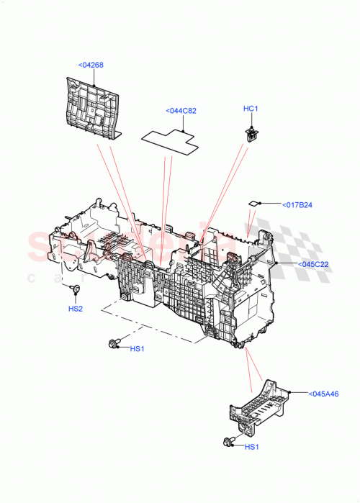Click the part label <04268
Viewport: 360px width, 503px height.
pos(90,65)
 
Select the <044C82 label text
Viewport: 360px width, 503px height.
pos(181,111)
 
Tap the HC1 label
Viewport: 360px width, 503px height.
pos(250,109)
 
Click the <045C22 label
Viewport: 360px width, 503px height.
pos(313,264)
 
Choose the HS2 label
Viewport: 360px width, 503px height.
pos(76,309)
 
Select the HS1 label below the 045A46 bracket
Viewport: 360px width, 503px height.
pos(251,447)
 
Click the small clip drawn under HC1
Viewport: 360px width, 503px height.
pos(252,132)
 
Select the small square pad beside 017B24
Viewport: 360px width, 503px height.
pos(253,204)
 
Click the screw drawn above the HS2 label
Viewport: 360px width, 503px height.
pos(75,290)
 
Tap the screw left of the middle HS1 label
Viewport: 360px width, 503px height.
pos(113,344)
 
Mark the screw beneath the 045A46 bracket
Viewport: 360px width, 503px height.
pos(229,441)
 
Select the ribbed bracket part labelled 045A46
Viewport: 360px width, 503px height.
pos(259,407)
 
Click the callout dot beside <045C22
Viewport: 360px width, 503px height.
pos(276,264)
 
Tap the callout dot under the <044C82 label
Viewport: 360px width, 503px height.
pos(185,132)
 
